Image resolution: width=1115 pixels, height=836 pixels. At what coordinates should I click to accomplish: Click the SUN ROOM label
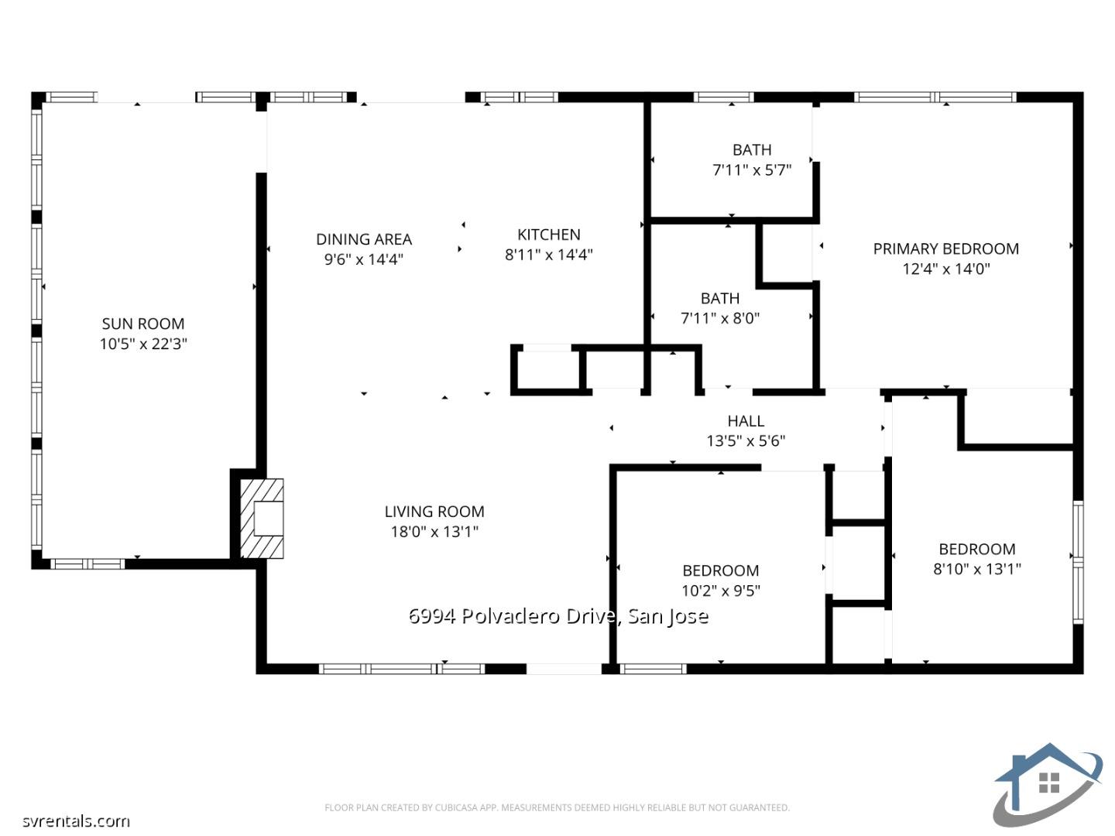(143, 324)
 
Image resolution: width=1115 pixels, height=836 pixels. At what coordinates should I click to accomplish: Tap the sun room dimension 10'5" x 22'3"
(143, 344)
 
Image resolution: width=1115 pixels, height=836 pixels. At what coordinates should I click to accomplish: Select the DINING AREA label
(363, 239)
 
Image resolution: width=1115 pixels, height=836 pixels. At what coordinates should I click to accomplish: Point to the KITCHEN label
(548, 235)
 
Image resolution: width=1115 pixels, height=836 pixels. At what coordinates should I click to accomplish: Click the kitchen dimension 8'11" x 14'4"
(548, 255)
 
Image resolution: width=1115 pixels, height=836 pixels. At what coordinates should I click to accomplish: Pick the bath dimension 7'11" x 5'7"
(751, 170)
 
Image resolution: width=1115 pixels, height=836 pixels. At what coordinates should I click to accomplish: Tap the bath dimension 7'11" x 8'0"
(719, 318)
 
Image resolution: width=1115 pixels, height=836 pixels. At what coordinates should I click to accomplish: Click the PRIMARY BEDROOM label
(945, 248)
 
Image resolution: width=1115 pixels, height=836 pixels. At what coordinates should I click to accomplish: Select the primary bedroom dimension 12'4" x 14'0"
(945, 269)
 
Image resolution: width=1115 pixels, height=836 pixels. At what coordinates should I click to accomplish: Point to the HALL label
(746, 421)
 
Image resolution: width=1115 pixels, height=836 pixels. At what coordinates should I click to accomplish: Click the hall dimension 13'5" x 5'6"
(746, 441)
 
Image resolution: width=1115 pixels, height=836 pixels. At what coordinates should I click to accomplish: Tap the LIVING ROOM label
(434, 512)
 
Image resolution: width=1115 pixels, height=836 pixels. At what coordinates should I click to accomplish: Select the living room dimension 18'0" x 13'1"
(434, 532)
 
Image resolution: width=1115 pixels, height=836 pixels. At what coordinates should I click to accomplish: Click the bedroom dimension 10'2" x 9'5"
(720, 591)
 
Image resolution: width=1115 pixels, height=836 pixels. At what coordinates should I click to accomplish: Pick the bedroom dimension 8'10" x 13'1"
(976, 569)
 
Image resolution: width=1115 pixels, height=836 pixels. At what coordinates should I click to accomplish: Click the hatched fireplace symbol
(261, 519)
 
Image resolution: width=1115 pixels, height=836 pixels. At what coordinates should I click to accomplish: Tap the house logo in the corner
(1048, 784)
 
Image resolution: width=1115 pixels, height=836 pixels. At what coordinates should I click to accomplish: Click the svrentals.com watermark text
(76, 821)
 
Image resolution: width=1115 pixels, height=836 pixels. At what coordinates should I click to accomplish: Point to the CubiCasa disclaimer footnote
(557, 807)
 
